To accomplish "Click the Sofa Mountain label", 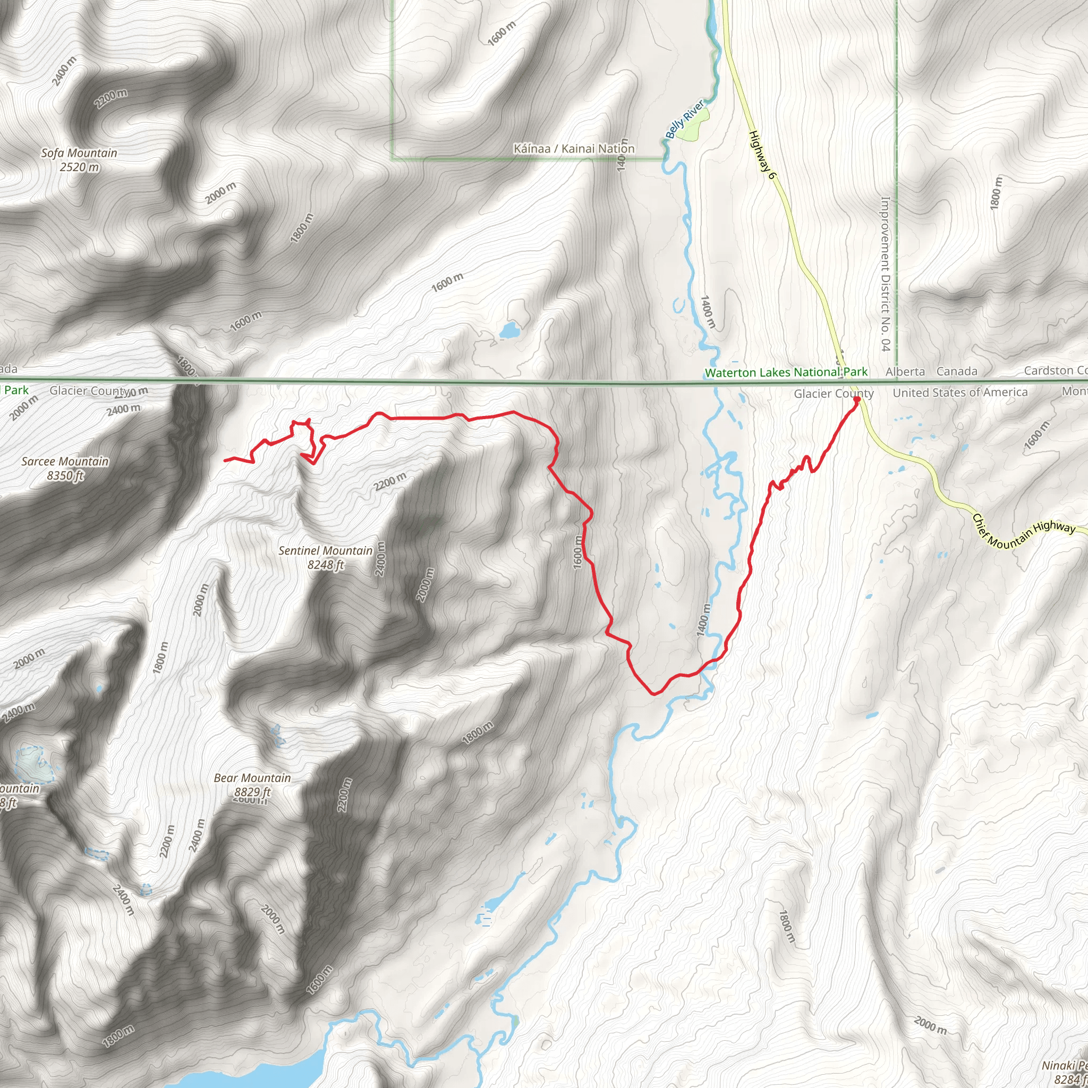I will [79, 153].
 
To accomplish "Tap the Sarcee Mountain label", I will [65, 461].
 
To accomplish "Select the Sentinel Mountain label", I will [326, 551].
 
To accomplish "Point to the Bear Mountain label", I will [252, 778].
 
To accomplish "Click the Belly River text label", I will [684, 119].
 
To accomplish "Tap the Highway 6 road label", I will [762, 156].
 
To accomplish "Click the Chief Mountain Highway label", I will [1023, 533].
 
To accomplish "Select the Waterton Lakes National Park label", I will [786, 372].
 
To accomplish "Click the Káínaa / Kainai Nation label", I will [574, 149].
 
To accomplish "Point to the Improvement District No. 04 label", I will [885, 274].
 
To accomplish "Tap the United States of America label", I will [959, 392].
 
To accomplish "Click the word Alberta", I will [905, 372].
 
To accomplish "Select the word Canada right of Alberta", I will [957, 372].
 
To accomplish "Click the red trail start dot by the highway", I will [856, 399].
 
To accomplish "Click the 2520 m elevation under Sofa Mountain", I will [79, 167].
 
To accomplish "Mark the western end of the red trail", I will [225, 461].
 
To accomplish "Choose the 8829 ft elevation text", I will [252, 791].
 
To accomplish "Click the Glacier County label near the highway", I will [834, 393].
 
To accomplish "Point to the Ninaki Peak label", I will [1063, 1066].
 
